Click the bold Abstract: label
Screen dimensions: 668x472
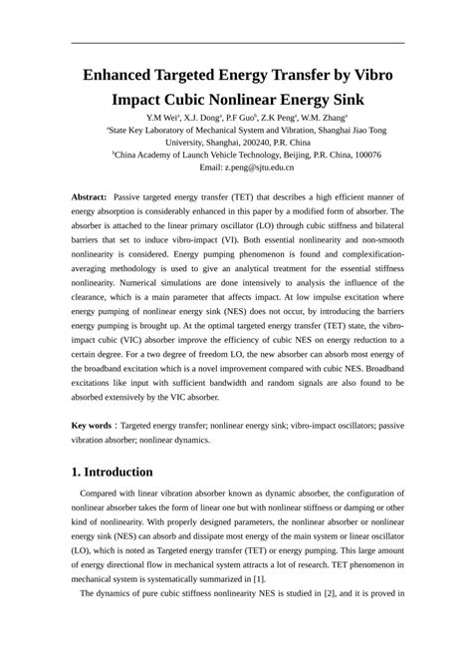[x=96, y=198]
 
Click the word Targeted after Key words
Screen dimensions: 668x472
[x=157, y=426]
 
